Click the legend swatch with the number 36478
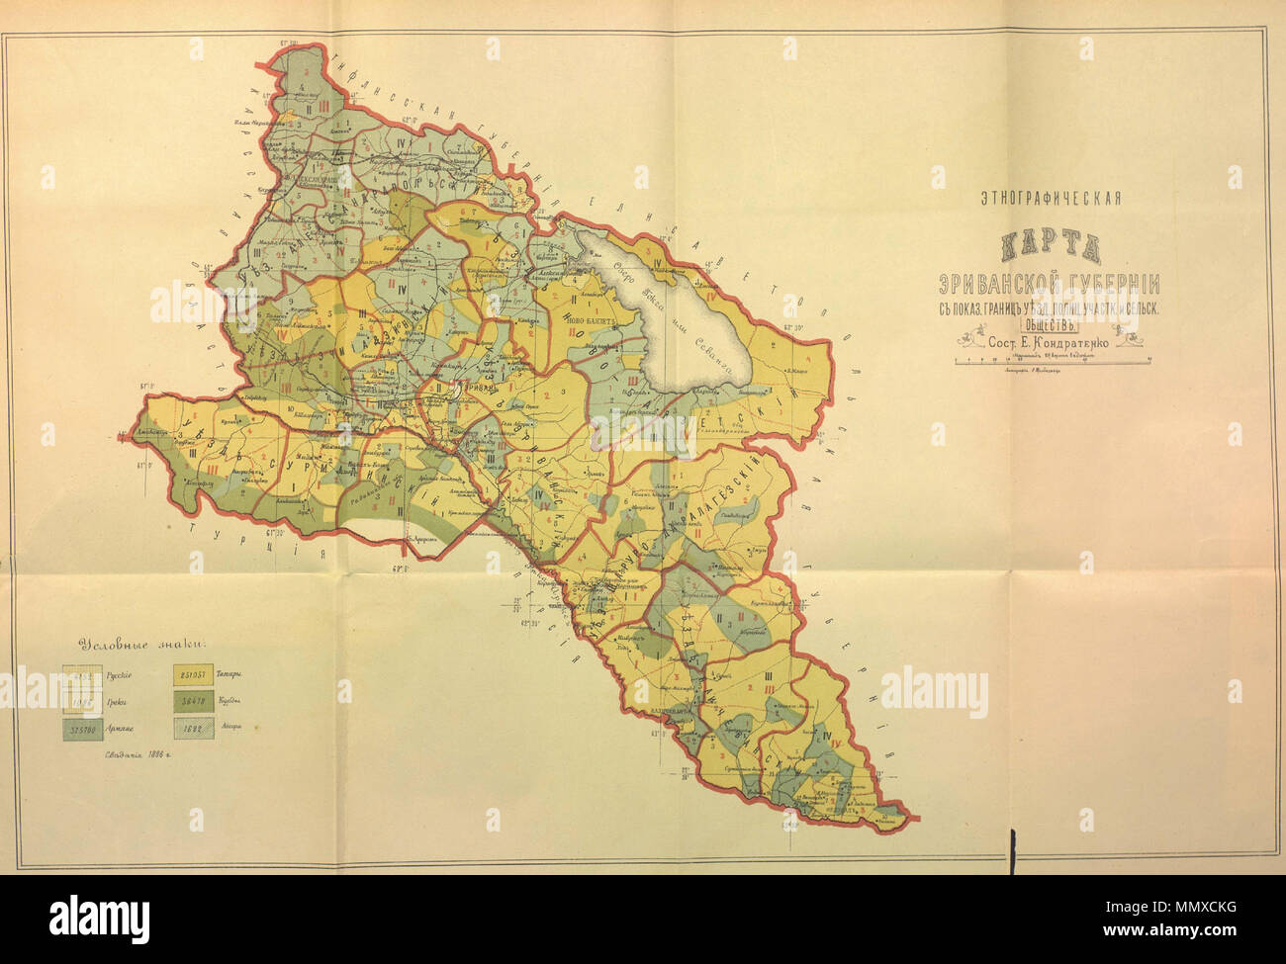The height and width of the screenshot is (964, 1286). click(196, 703)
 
